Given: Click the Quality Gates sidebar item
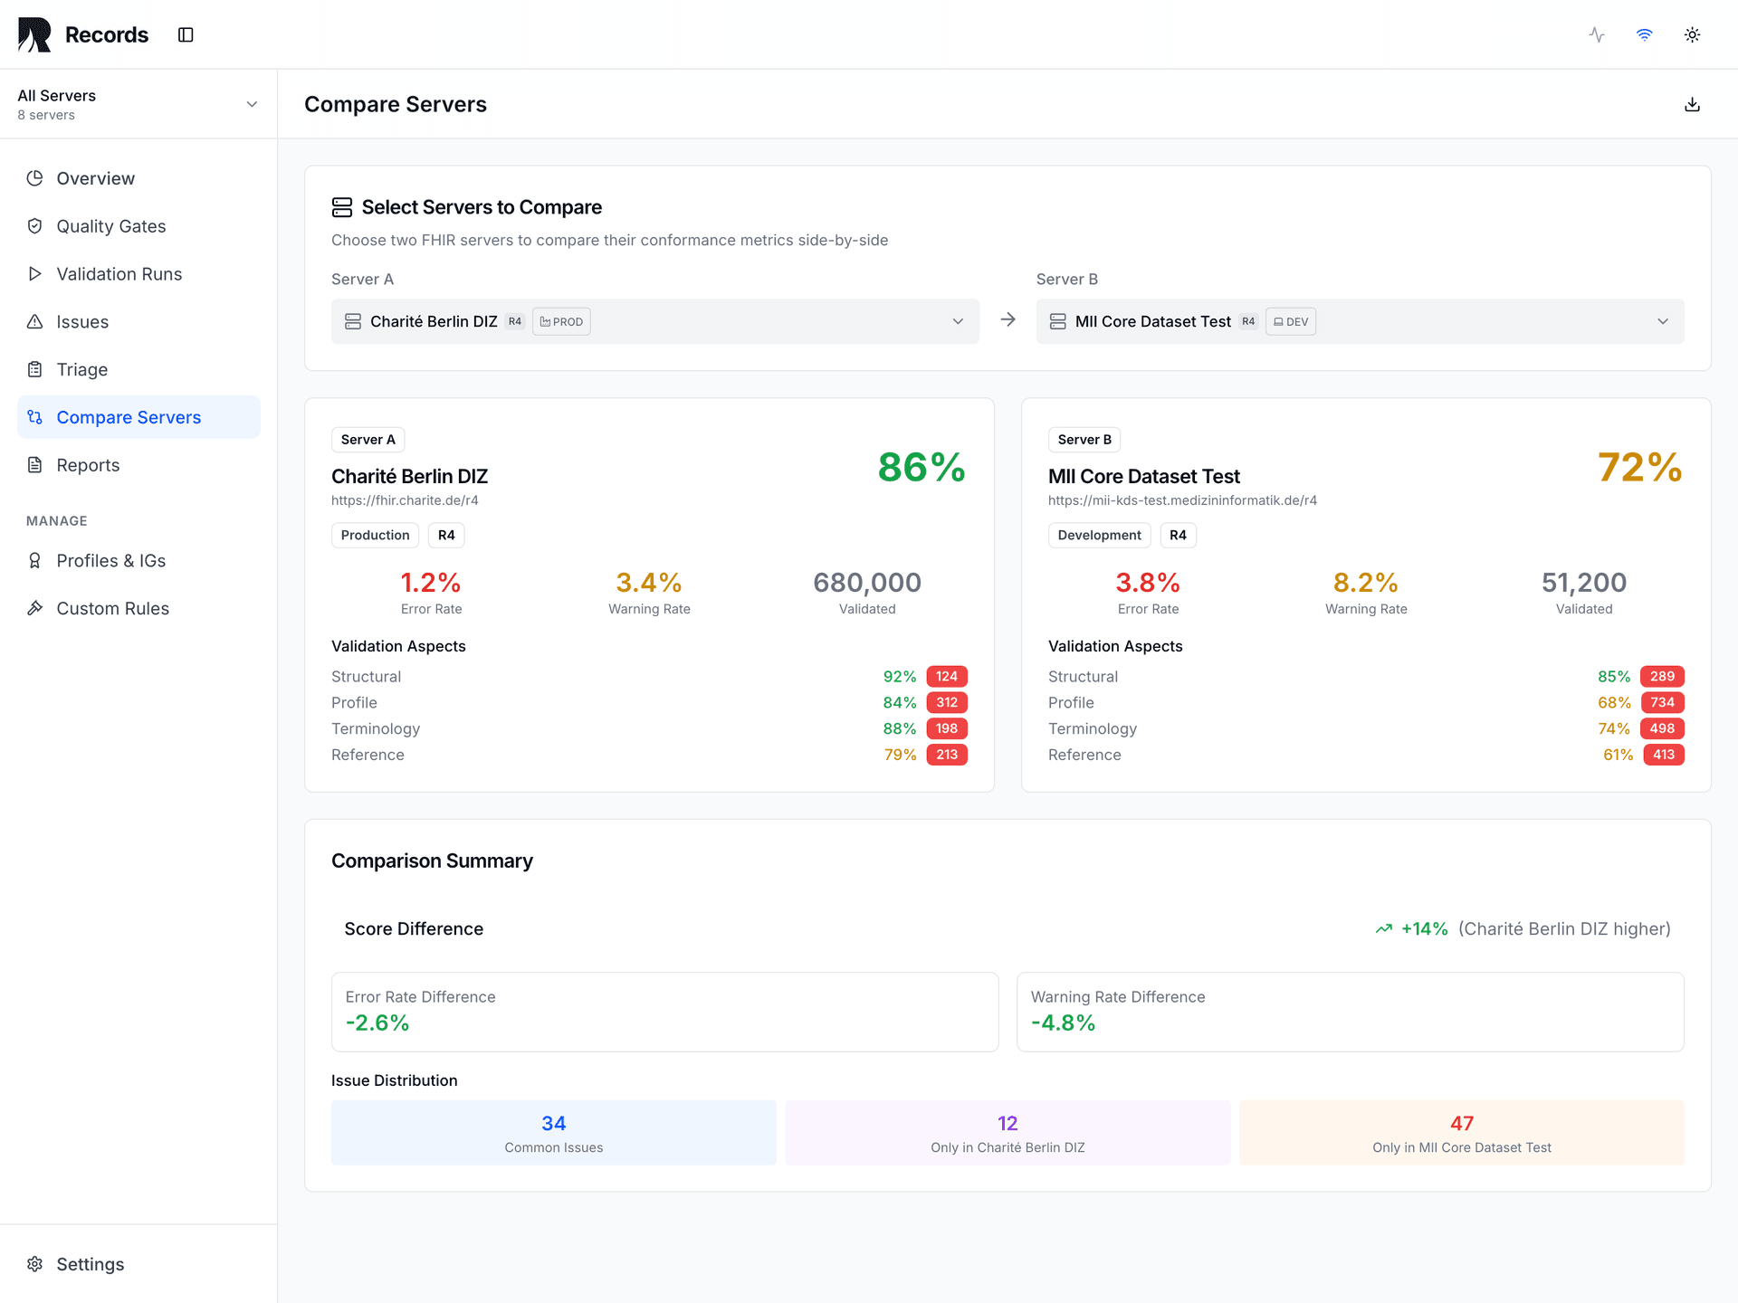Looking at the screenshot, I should pos(110,226).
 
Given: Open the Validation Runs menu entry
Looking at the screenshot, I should pos(119,274).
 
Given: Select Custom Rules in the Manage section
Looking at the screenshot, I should pos(112,609).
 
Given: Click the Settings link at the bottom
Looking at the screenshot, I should pos(90,1264).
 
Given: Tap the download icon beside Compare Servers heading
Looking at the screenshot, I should pos(1692,105).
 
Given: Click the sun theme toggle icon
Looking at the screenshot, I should pos(1692,35).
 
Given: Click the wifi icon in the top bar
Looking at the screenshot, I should pos(1644,35).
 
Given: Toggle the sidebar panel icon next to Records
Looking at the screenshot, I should pos(186,35).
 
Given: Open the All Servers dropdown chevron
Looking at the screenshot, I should pos(252,105).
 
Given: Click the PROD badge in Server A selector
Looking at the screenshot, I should pos(561,322).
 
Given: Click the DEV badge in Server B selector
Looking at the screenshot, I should pos(1290,322).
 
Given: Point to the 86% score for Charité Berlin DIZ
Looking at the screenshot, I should pos(921,468).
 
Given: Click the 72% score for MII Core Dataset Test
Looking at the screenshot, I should pos(1639,468).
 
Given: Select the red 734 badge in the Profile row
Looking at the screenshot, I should pos(1662,703).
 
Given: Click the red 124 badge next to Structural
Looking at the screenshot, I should pos(946,677).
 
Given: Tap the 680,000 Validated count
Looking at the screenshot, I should pos(866,583).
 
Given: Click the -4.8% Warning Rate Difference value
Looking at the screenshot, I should pos(1063,1023).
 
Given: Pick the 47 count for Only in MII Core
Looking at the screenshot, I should pos(1461,1124).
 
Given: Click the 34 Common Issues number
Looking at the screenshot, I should pos(553,1124).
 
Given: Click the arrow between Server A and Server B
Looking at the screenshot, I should pos(1007,320).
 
